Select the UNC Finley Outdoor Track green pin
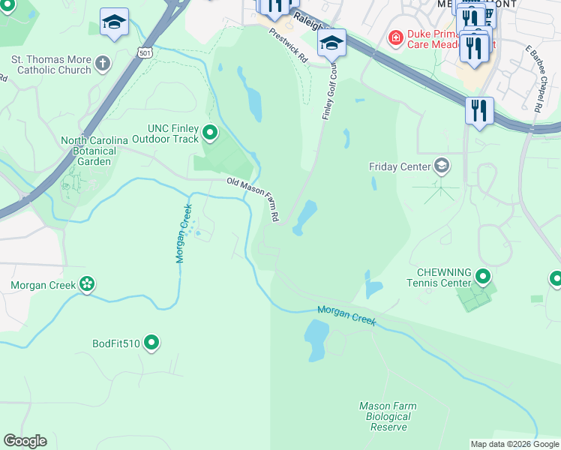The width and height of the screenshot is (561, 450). click(x=211, y=133)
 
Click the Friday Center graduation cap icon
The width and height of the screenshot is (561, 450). click(x=442, y=166)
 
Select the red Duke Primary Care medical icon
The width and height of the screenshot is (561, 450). click(x=394, y=37)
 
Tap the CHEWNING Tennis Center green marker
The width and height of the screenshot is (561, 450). click(x=484, y=278)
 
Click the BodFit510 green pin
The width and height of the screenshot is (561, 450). click(x=151, y=343)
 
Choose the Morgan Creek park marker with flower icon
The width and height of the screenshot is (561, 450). click(x=88, y=284)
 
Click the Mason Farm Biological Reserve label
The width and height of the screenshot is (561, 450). click(x=388, y=416)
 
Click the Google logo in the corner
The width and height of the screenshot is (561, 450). click(x=25, y=441)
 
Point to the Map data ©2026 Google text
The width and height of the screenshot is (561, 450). click(x=514, y=444)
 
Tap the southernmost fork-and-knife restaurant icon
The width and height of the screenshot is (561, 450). click(x=478, y=111)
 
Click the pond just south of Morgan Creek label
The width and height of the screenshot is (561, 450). click(x=317, y=331)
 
